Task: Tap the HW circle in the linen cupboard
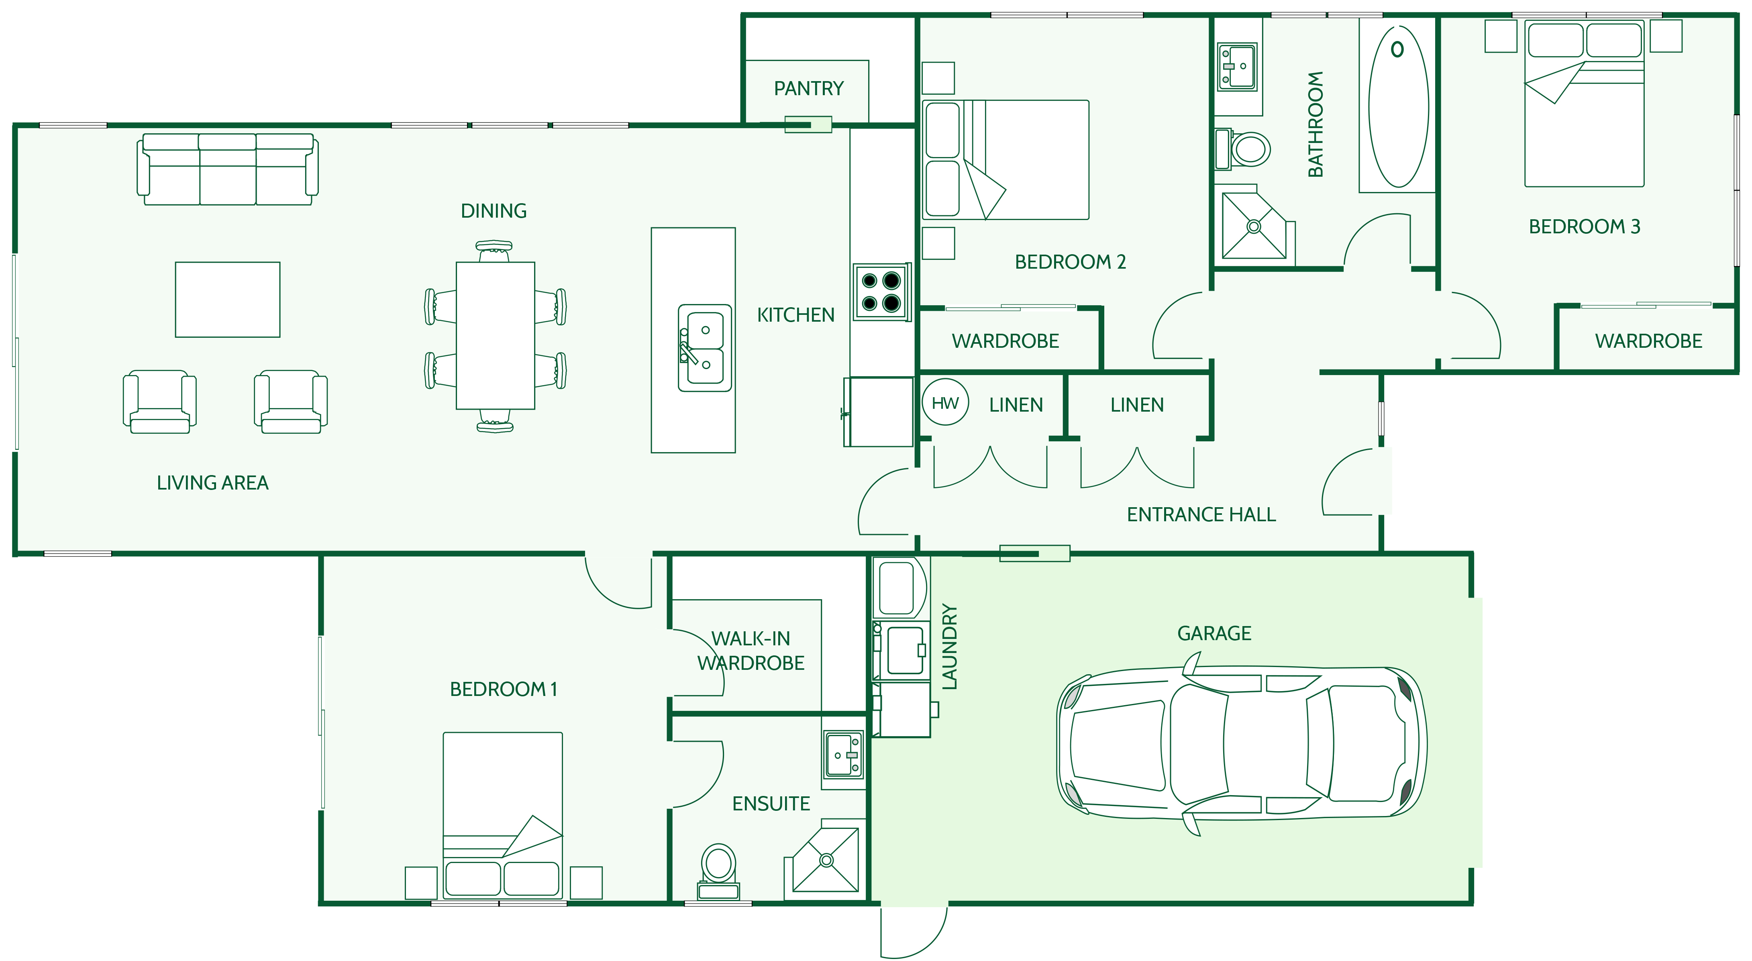[945, 403]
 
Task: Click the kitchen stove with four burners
[881, 292]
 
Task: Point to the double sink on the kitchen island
[705, 347]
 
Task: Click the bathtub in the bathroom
[1398, 106]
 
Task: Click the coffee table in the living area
[228, 299]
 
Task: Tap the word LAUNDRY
[949, 647]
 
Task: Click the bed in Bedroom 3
[1584, 103]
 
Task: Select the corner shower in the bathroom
[1255, 225]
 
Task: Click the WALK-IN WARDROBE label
[751, 651]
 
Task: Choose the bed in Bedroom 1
[503, 816]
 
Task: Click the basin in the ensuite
[843, 754]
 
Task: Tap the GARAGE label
[1214, 634]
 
